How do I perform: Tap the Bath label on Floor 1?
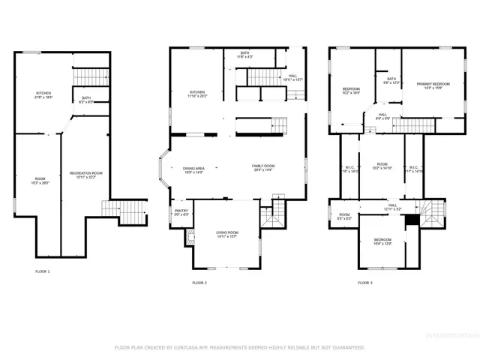[86, 99]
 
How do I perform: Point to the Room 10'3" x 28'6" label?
[39, 180]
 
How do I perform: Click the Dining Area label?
[194, 170]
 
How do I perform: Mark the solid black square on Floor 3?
[411, 221]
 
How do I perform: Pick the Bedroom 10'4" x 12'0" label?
[382, 242]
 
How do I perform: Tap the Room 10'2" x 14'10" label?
[382, 166]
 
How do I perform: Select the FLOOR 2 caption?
[199, 283]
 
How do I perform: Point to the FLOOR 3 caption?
[364, 283]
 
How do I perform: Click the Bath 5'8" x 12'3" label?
[391, 81]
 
